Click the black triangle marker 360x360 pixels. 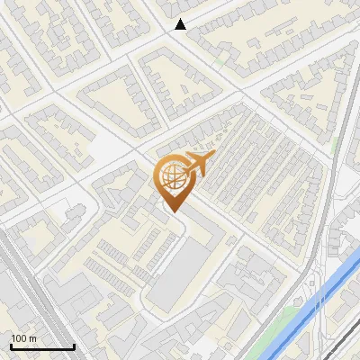[181, 24]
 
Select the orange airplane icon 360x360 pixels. [200, 164]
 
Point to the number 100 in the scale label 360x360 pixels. [19, 338]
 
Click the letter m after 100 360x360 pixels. [32, 338]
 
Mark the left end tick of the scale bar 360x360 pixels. [10, 346]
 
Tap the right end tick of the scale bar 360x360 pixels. [74, 346]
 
